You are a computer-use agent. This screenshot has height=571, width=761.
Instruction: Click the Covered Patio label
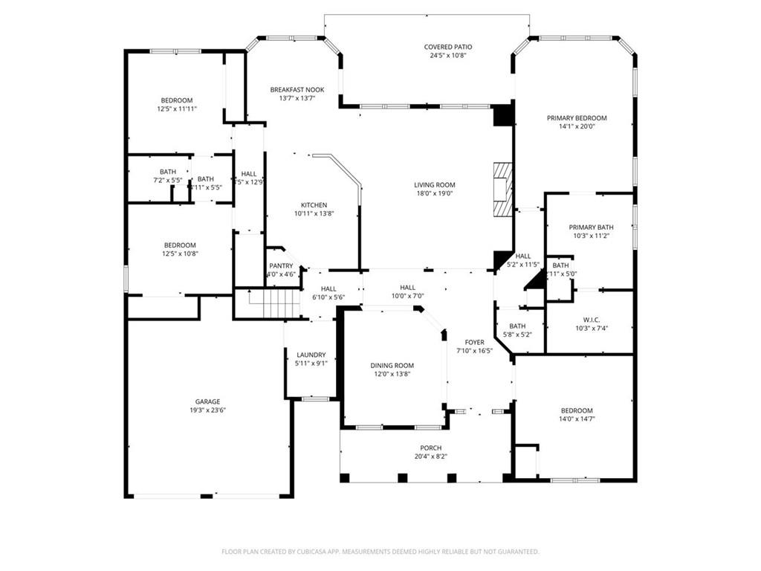tap(448, 47)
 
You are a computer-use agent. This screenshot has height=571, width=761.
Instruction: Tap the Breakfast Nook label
tap(297, 89)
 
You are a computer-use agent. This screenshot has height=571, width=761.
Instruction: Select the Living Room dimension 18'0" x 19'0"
tap(435, 193)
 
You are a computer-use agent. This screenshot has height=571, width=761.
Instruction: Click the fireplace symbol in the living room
tap(502, 189)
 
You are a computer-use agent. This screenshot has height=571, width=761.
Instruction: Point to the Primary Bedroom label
tap(577, 117)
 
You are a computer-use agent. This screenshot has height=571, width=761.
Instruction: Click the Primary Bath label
tap(591, 227)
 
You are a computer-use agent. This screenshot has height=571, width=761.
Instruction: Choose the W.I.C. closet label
tap(592, 320)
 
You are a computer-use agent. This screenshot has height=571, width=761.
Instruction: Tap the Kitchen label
tap(314, 205)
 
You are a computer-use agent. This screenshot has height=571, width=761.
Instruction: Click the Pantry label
tap(281, 265)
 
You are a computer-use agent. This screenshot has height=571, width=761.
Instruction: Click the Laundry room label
tap(311, 355)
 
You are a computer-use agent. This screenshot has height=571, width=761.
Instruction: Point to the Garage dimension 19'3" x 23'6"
tap(207, 410)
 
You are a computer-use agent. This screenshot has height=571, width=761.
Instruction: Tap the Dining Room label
tap(392, 365)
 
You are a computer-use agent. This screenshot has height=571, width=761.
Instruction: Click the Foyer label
tap(474, 342)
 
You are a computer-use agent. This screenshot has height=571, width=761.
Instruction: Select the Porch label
tap(431, 448)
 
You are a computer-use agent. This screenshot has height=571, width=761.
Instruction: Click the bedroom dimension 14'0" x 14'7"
tap(577, 419)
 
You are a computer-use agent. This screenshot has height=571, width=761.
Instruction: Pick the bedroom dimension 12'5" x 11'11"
tap(177, 109)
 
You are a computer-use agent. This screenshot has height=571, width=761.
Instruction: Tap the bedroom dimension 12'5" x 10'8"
tap(180, 254)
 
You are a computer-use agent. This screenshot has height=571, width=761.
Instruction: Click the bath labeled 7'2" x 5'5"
tap(168, 180)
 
